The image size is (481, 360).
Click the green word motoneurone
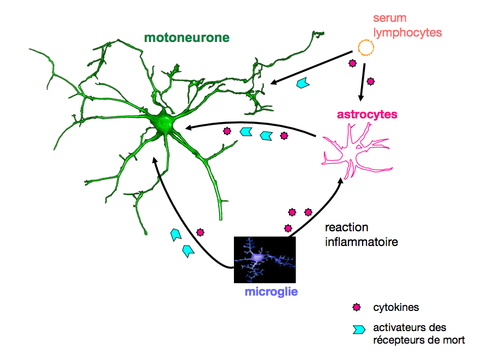pyautogui.click(x=187, y=38)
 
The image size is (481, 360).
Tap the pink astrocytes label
pyautogui.click(x=367, y=115)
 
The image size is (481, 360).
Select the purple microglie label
pyautogui.click(x=271, y=292)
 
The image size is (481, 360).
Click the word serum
pyautogui.click(x=389, y=18)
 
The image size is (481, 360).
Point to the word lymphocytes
pyautogui.click(x=407, y=33)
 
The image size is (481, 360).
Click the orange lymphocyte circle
pyautogui.click(x=365, y=47)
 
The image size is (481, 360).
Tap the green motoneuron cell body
pyautogui.click(x=163, y=123)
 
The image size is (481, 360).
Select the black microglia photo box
pyautogui.click(x=264, y=260)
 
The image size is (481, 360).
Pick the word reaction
pyautogui.click(x=346, y=227)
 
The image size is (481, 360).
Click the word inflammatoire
pyautogui.click(x=362, y=242)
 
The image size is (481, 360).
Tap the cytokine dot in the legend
pyautogui.click(x=357, y=307)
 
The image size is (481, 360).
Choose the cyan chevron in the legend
pyautogui.click(x=359, y=329)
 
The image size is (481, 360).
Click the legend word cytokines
pyautogui.click(x=396, y=307)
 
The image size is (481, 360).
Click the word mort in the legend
pyautogui.click(x=453, y=340)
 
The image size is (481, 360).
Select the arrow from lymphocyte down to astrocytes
pyautogui.click(x=363, y=82)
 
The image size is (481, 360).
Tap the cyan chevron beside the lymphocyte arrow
pyautogui.click(x=303, y=83)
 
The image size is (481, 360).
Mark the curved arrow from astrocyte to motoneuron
pyautogui.click(x=250, y=123)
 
